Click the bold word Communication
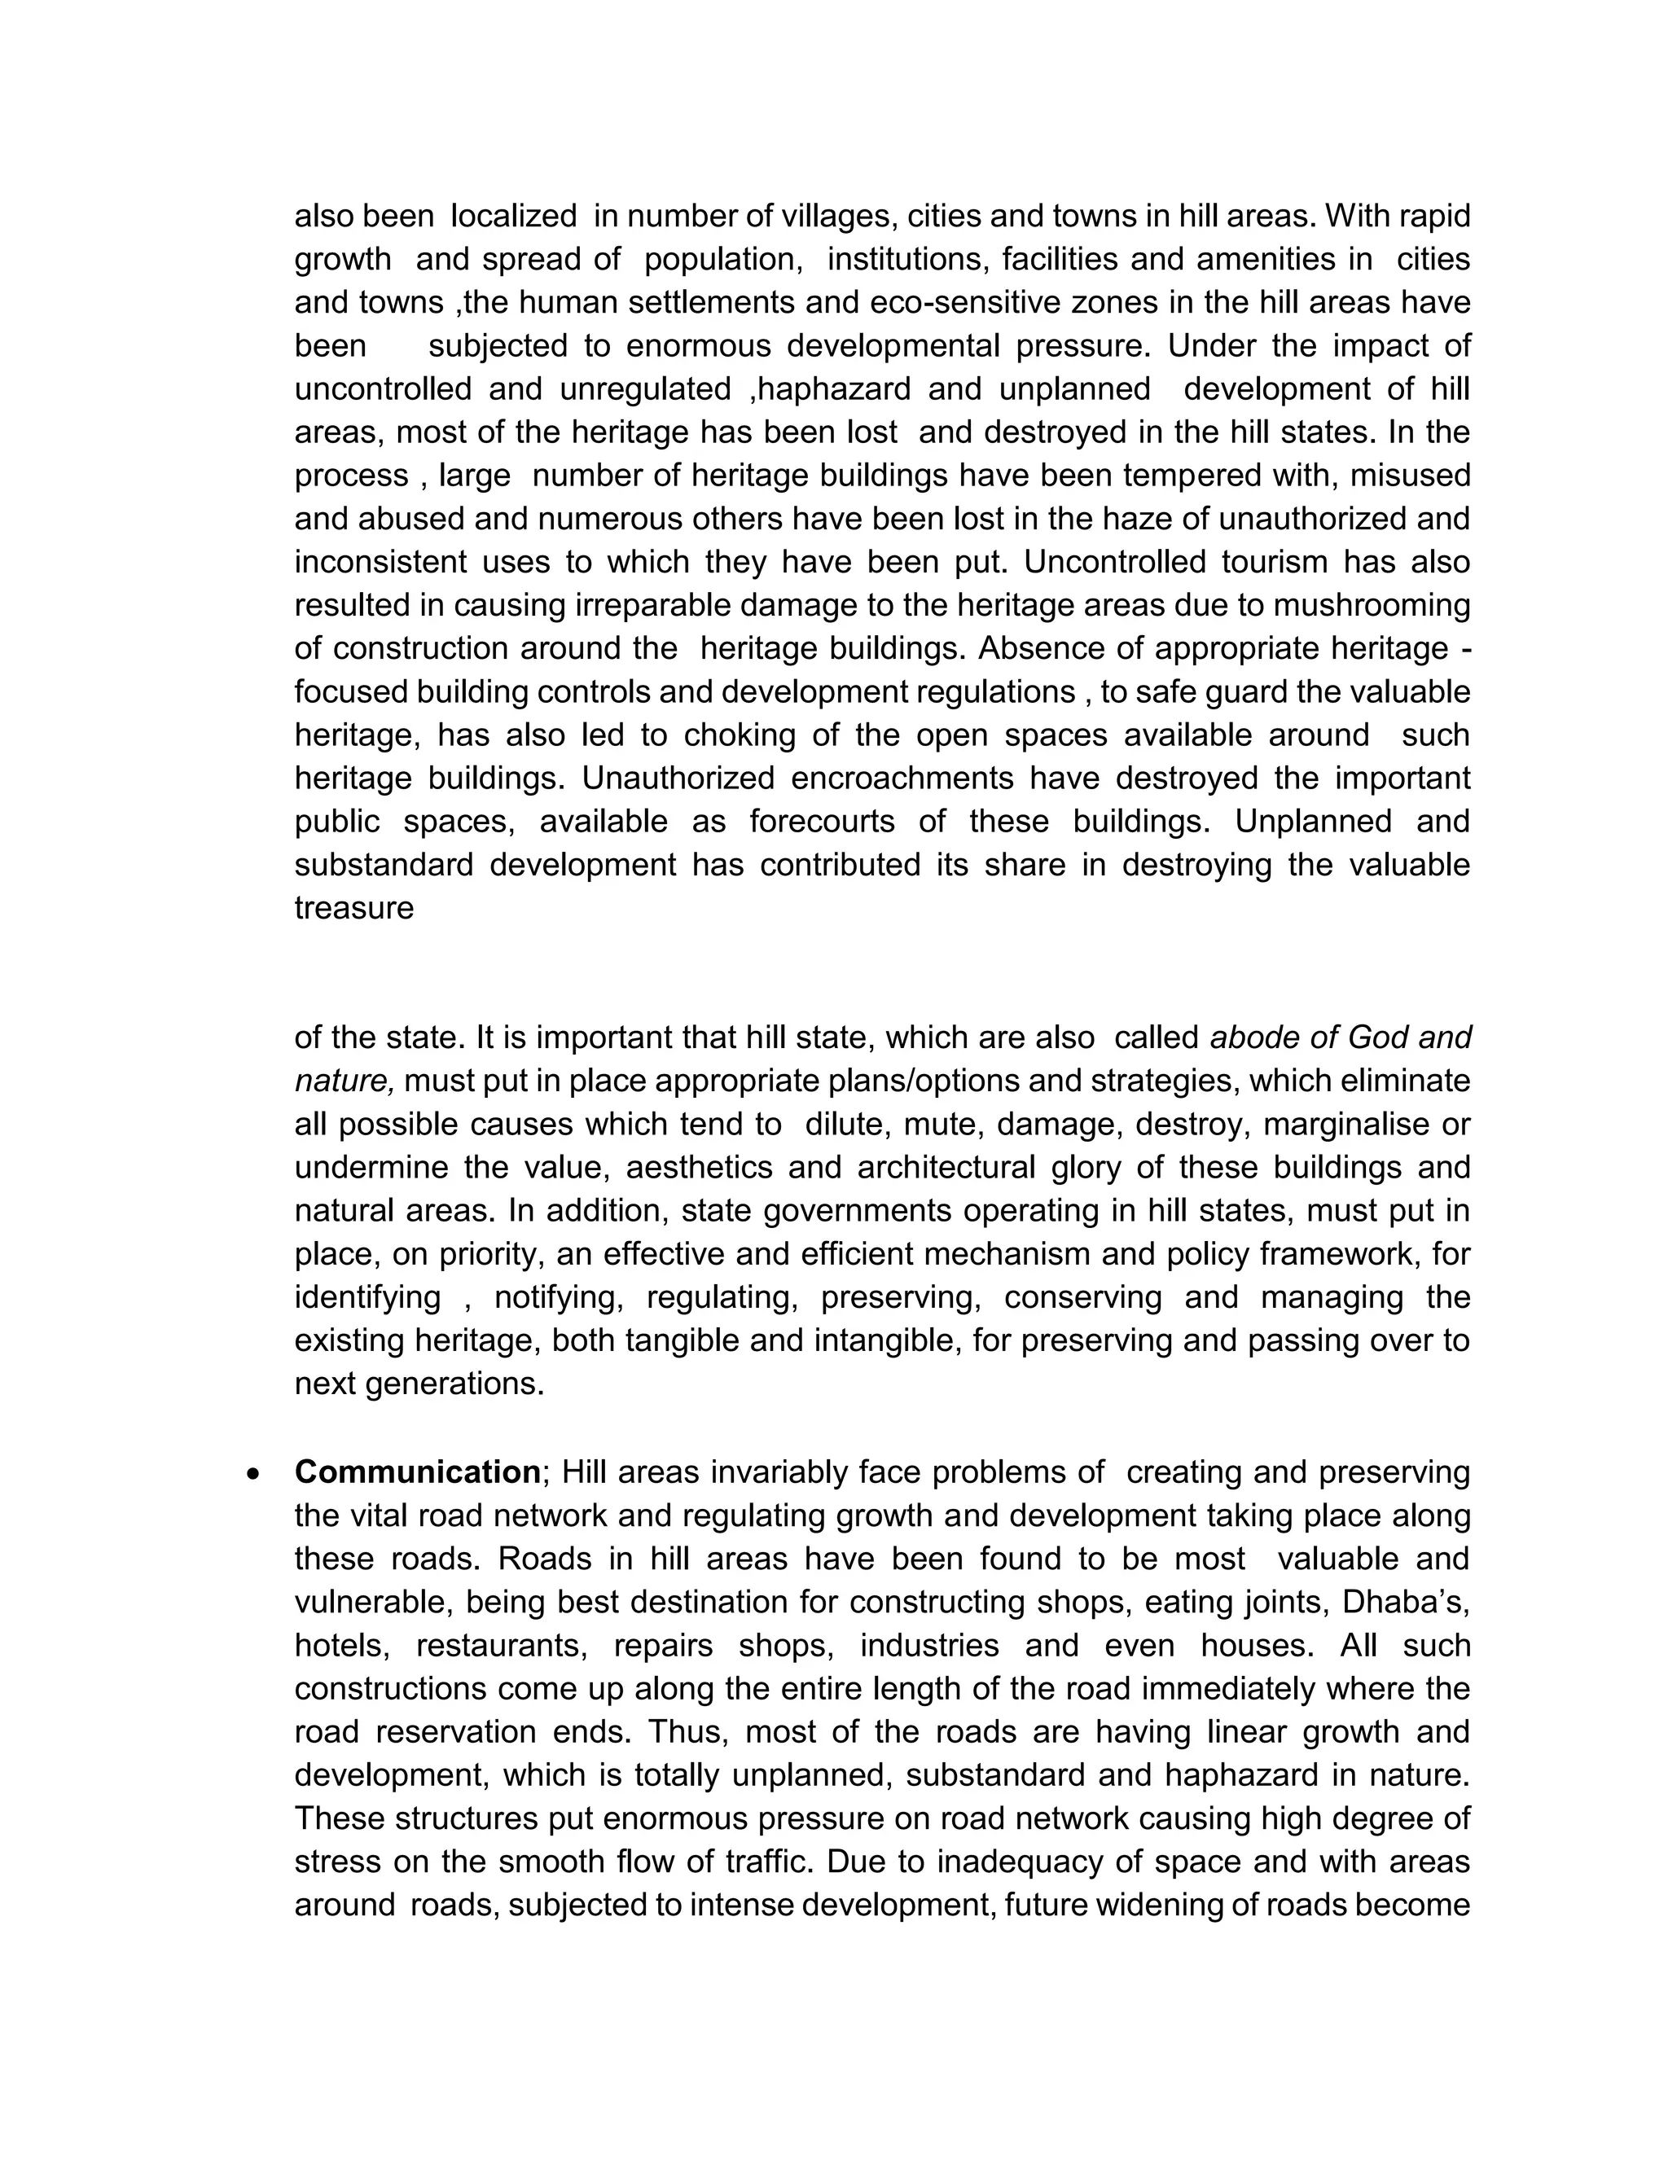417,1472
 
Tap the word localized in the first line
514,216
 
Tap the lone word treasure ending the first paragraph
353,908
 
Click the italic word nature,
345,1081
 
